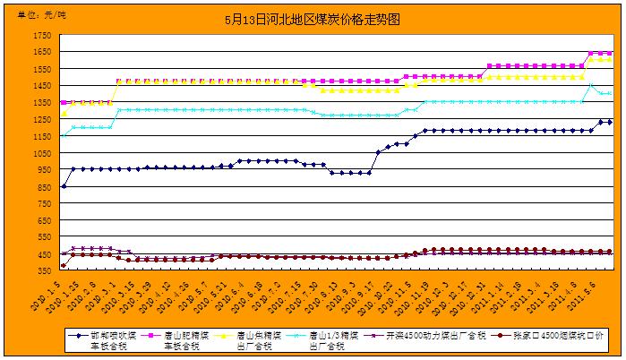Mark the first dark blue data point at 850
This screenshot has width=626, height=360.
click(64, 186)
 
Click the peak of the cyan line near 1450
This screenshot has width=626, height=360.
click(590, 85)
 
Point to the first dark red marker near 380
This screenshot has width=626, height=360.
click(64, 266)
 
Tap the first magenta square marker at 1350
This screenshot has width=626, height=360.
click(64, 102)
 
